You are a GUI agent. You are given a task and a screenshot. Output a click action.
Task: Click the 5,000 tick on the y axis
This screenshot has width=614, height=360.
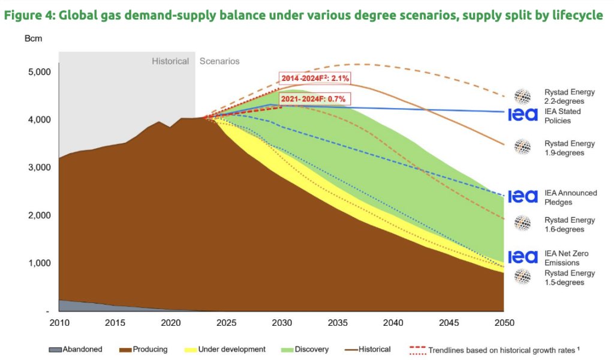(x=39, y=72)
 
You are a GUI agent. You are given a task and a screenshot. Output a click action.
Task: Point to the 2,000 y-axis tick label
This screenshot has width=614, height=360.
(x=39, y=215)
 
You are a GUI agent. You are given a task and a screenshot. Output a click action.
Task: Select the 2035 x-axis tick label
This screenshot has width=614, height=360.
(x=337, y=323)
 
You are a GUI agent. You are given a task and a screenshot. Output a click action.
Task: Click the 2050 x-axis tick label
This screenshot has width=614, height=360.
(x=504, y=323)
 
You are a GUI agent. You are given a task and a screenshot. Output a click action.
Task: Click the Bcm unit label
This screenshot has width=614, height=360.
(x=34, y=40)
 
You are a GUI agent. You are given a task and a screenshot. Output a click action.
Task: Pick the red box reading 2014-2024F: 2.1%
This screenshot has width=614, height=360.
(x=315, y=79)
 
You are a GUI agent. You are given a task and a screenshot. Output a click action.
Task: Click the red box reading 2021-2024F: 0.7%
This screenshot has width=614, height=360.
(x=315, y=99)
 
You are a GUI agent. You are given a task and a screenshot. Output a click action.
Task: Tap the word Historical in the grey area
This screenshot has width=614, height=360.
(x=170, y=61)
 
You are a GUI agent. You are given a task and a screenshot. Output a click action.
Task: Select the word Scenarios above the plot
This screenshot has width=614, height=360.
(x=219, y=61)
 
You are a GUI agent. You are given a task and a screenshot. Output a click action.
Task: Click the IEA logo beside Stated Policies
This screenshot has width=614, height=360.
(x=522, y=115)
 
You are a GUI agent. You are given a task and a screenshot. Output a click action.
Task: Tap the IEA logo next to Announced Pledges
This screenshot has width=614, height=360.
(x=522, y=197)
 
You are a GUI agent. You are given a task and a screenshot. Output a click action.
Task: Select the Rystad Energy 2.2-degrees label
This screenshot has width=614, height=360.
(x=569, y=96)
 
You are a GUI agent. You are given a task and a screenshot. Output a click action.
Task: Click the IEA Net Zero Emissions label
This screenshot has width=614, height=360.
(x=566, y=258)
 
